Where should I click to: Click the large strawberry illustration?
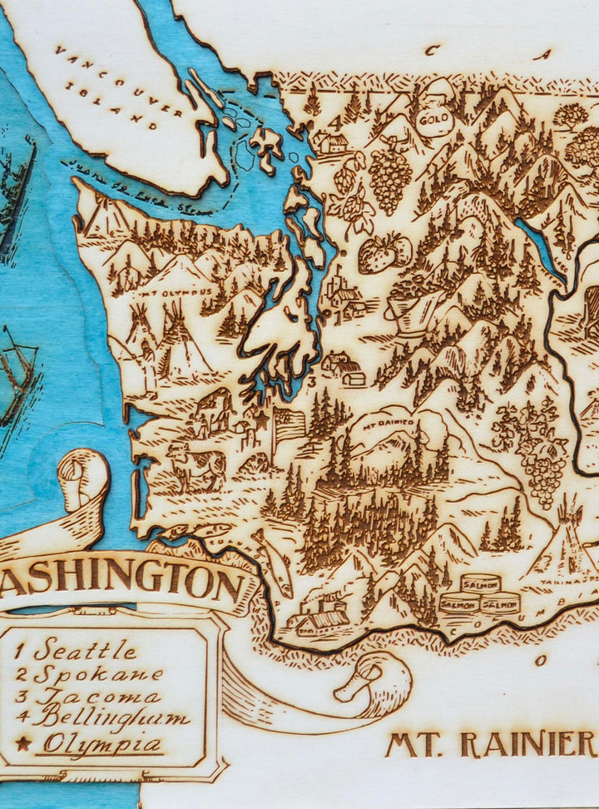384,253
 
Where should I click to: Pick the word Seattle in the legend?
85,648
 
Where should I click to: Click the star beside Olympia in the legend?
22,743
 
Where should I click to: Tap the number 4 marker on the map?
336,122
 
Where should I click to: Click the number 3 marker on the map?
309,380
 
